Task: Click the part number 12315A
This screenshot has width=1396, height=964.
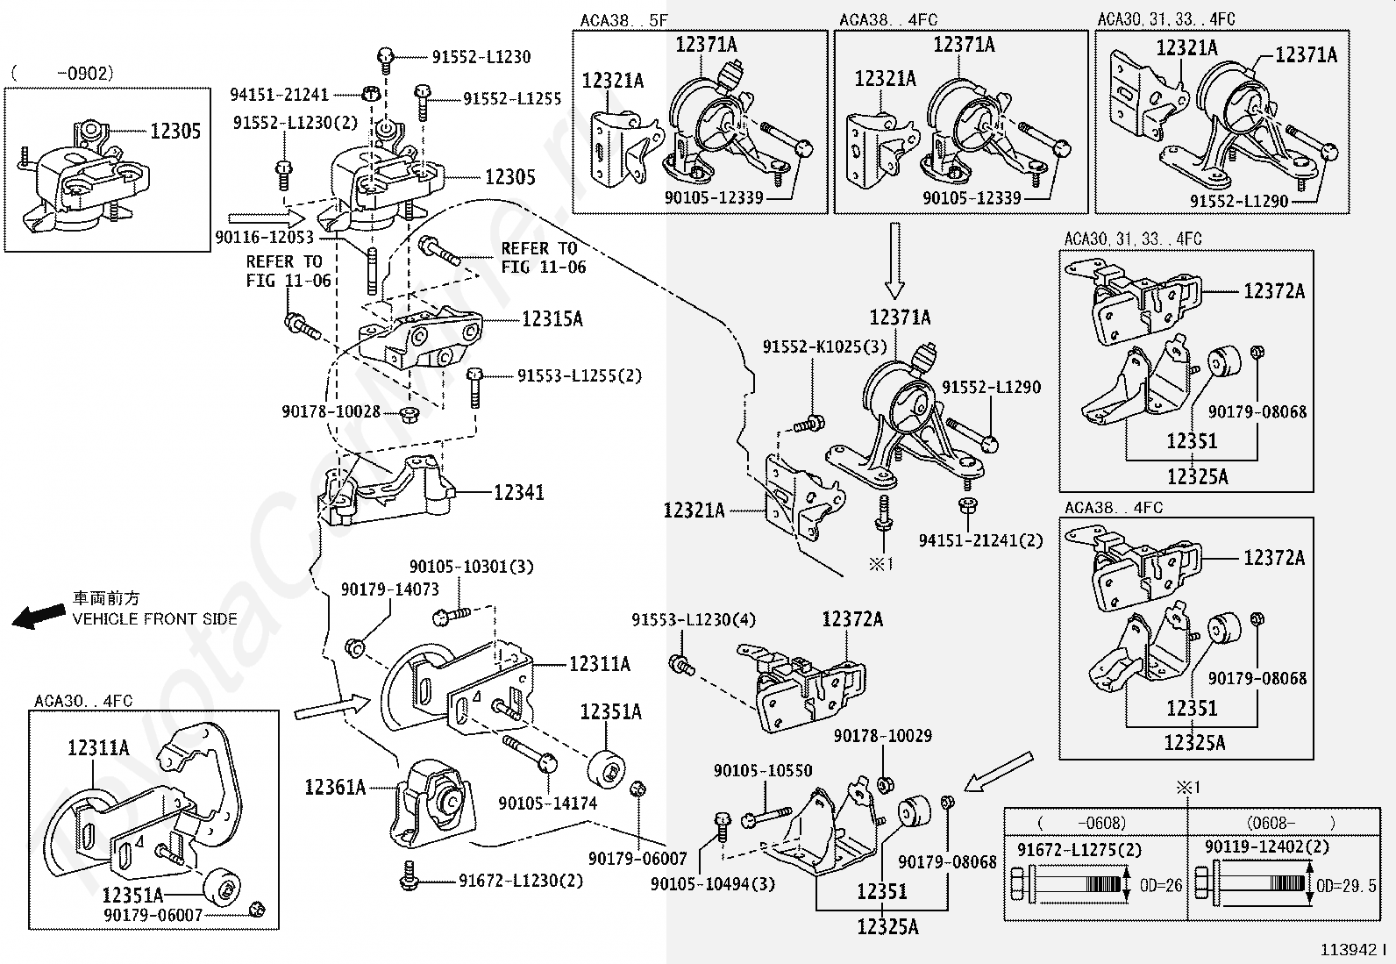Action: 552,319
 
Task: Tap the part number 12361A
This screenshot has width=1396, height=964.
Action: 335,787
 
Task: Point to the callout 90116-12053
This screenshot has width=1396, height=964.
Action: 264,237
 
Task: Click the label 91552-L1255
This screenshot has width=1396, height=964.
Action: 512,99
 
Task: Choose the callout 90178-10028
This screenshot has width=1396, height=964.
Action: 331,411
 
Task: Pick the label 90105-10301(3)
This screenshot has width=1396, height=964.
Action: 471,568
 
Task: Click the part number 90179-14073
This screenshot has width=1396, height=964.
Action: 389,590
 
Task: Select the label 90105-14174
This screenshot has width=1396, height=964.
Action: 547,803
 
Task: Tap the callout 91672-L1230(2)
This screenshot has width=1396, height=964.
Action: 520,881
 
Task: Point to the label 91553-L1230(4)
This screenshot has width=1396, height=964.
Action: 693,620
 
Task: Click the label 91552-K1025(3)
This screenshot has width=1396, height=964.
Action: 824,346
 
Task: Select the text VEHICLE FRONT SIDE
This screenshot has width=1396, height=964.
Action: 154,619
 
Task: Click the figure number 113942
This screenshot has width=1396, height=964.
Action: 1351,950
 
